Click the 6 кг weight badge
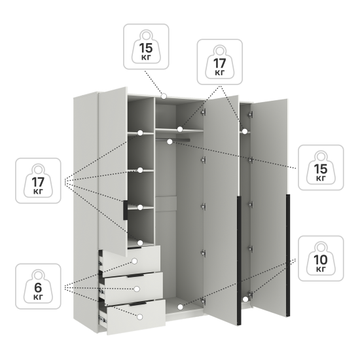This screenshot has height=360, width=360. point(38,286)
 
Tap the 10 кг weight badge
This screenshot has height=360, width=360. point(321,259)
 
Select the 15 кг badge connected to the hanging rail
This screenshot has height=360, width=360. point(321,168)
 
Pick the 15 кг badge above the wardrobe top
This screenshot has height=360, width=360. point(146,46)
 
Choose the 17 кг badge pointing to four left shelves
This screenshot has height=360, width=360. point(38,181)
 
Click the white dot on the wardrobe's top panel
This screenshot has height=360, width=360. point(164,96)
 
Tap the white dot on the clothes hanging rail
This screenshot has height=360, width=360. point(170,142)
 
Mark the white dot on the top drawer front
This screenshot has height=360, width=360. point(135,261)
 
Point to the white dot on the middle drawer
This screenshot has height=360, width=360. point(137,289)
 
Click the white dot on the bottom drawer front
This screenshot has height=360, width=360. point(139,317)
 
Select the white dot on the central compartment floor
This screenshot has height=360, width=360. point(181,307)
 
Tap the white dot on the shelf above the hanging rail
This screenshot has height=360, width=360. point(180,129)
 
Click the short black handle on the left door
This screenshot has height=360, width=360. point(125,210)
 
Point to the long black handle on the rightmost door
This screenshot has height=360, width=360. point(288,255)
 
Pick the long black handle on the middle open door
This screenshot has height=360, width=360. point(239,261)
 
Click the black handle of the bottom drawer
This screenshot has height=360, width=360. point(137,304)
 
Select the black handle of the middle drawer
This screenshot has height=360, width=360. point(135,276)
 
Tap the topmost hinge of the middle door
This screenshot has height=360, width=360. point(203,113)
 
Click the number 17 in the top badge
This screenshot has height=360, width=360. point(220,63)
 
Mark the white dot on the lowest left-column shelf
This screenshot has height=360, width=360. point(140,243)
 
